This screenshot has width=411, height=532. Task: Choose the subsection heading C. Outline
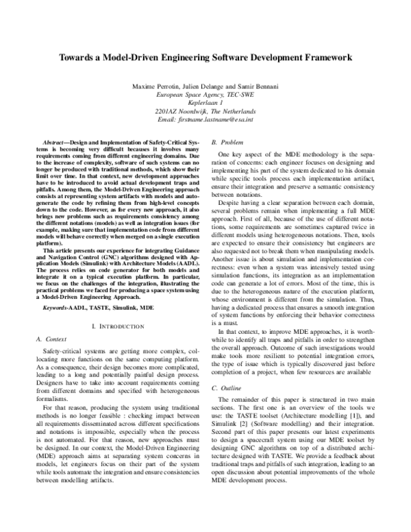tap(225, 388)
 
